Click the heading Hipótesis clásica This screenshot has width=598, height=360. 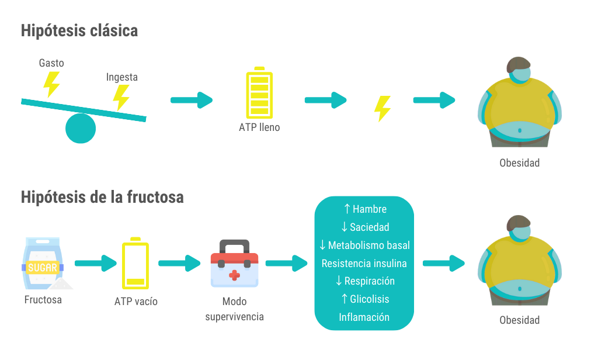pos(79,30)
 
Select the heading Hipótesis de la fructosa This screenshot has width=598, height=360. pos(102,197)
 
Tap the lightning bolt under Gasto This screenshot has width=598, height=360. pos(52,85)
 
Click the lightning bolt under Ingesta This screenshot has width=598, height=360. pos(121,98)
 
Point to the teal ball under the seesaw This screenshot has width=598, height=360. pos(80,128)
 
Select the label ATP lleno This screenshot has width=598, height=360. pos(259,127)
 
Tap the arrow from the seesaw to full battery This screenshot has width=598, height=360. pos(192,101)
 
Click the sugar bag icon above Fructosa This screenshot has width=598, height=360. pos(43,263)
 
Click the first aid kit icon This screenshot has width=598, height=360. pos(234,264)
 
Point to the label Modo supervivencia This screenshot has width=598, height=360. pos(234,309)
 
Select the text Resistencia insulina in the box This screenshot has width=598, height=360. pos(364,263)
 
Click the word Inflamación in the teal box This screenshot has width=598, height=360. pos(364,317)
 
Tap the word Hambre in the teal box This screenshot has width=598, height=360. pos(370,209)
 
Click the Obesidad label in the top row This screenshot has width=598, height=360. pos(519,163)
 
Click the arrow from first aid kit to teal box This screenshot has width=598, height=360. pos(286,264)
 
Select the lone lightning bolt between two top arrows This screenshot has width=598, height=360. pos(383,108)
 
